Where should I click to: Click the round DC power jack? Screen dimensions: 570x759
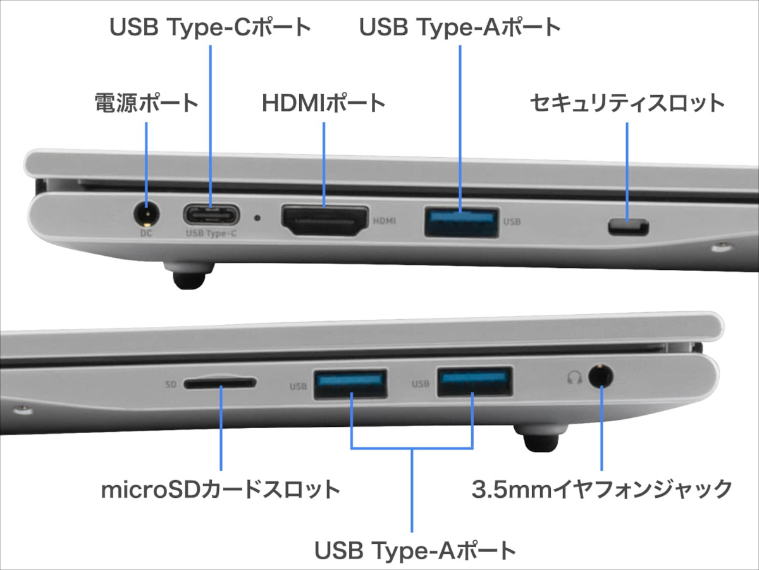(x=147, y=213)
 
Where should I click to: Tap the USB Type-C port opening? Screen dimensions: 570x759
(x=211, y=214)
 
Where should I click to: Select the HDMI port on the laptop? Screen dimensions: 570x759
(x=324, y=221)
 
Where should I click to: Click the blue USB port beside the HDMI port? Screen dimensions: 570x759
(x=460, y=221)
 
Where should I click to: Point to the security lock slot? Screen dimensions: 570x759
(x=628, y=226)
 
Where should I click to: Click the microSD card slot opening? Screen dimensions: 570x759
(x=220, y=383)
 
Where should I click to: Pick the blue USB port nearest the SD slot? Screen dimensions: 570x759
(x=350, y=383)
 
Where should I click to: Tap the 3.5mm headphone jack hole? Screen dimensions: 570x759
(x=601, y=377)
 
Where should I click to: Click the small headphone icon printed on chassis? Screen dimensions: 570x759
(x=574, y=378)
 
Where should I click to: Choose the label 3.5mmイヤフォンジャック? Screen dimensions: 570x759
(x=602, y=489)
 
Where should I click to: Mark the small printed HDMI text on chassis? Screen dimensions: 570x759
(x=385, y=222)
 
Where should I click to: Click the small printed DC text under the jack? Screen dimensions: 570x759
(x=146, y=232)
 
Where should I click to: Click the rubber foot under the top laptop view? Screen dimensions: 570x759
(x=190, y=277)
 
